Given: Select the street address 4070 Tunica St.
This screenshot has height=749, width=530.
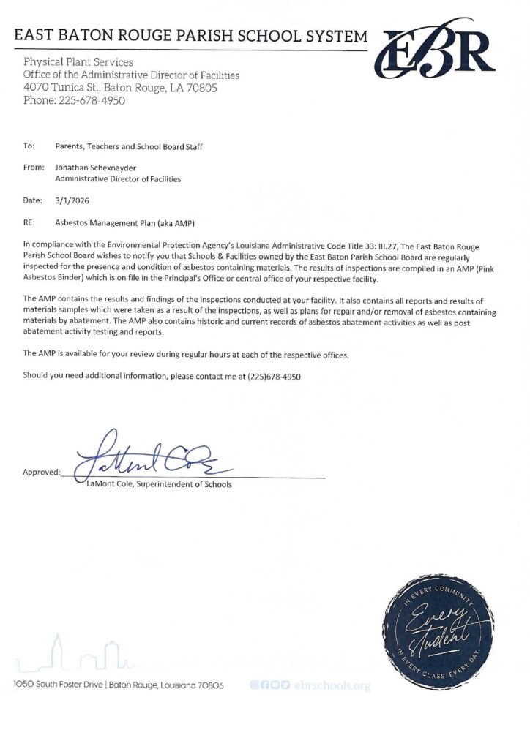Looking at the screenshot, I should (63, 88).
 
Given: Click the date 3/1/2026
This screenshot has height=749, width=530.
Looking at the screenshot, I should (70, 199).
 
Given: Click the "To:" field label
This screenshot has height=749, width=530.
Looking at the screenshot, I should (29, 146).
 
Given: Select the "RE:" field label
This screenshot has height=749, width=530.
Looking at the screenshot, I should (29, 220).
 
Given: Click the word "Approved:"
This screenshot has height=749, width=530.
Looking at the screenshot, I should (42, 473).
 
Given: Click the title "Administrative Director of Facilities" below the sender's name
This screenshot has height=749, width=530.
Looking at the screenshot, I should (118, 178).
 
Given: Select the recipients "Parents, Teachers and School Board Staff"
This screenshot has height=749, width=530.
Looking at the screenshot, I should (129, 146).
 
